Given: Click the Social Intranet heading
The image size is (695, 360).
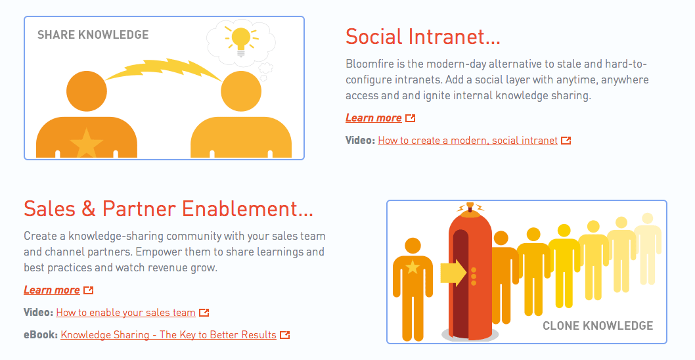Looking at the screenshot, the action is (423, 36).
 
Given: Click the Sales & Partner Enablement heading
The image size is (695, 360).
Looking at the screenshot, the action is (168, 208).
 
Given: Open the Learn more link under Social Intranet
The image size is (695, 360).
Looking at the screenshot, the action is (374, 118).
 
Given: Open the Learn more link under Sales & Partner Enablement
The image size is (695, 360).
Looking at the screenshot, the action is (52, 290).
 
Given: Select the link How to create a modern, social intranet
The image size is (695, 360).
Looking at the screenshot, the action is (468, 141).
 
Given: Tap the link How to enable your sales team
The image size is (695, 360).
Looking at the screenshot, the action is (126, 313).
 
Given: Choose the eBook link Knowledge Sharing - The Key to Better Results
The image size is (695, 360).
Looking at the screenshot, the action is (168, 335).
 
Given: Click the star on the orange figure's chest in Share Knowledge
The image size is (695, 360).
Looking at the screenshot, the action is (87, 143).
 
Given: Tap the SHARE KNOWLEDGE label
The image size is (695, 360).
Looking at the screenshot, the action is (93, 35).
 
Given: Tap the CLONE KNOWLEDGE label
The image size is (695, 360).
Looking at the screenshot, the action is (598, 326).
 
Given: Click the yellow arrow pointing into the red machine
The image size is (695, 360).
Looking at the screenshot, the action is (453, 272).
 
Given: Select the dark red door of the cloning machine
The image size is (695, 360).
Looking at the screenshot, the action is (460, 284).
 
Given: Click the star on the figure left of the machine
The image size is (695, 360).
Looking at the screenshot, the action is (413, 267).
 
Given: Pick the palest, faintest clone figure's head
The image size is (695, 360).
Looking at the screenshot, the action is (648, 219).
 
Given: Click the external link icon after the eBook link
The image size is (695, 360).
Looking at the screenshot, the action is (285, 335).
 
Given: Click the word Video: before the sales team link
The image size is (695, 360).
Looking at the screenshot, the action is (38, 313).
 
